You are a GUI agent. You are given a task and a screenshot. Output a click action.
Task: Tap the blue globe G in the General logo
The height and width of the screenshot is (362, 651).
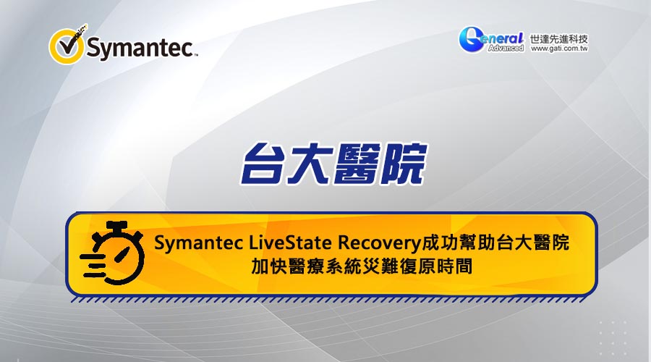472,40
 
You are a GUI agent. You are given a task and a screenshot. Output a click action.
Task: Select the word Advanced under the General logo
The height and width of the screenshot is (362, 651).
506,49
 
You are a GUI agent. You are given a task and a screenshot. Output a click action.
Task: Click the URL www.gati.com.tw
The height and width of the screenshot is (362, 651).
559,49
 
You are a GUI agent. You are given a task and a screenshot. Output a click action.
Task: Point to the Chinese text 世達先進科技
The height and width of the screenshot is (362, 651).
559,38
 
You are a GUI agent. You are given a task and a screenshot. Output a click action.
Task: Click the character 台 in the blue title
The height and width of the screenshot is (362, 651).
263,164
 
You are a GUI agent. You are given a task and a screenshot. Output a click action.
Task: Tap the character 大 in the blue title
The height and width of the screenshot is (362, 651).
309,164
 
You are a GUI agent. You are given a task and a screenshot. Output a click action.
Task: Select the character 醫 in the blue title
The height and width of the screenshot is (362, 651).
355,164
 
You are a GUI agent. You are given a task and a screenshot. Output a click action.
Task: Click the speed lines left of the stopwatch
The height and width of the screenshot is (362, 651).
92,265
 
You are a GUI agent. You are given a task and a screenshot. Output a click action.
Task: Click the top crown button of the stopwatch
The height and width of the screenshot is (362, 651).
117,227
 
